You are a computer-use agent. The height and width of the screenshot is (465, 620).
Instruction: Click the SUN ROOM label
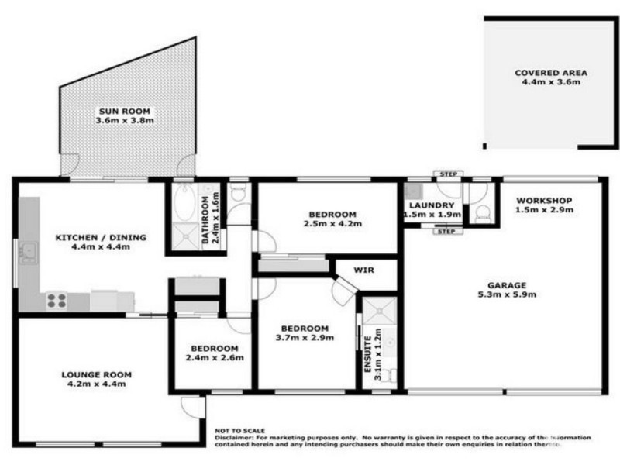(124, 111)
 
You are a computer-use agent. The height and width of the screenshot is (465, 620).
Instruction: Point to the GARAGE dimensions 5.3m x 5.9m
(507, 294)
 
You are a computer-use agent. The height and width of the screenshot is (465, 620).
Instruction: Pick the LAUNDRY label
(431, 205)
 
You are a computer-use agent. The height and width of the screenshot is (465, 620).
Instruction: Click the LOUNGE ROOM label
(96, 375)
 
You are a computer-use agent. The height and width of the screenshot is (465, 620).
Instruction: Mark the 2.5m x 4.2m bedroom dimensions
(332, 225)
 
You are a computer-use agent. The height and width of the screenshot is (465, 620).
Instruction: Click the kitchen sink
(29, 251)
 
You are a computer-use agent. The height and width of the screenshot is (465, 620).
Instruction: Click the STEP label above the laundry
(448, 174)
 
